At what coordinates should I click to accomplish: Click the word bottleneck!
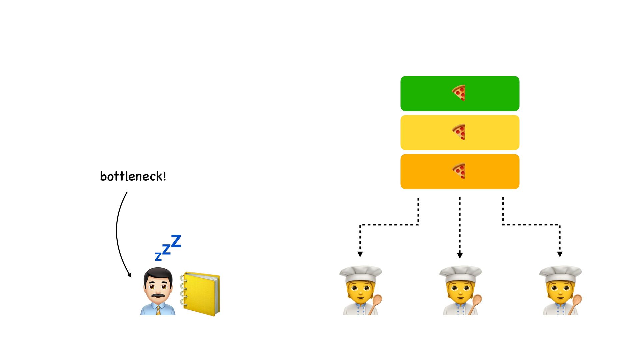tap(133, 176)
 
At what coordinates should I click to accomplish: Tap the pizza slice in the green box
tap(459, 93)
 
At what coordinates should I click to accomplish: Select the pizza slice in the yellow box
tap(459, 132)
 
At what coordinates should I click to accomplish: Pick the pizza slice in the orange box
tap(459, 171)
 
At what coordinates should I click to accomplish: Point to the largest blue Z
tap(176, 241)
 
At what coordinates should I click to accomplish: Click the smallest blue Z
tap(158, 256)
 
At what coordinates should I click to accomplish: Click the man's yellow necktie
tap(158, 310)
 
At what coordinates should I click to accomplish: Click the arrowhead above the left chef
tap(360, 254)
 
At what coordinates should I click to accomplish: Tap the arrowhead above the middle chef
tap(460, 256)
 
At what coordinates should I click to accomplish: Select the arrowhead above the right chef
tap(560, 254)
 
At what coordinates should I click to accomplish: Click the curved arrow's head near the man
tap(129, 275)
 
